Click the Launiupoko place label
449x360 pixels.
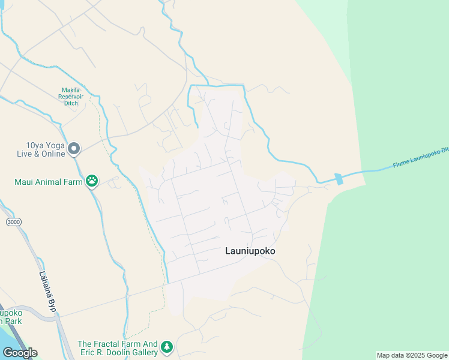[x=250, y=251]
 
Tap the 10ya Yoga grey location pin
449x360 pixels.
[x=74, y=148]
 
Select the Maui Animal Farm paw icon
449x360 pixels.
[x=92, y=180]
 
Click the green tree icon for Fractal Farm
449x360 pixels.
[x=166, y=346]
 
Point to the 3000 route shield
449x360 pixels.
[x=13, y=222]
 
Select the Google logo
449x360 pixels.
[x=20, y=352]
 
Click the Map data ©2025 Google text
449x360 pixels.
[x=411, y=355]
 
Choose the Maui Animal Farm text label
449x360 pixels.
[x=49, y=181]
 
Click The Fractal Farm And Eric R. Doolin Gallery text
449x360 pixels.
[x=118, y=348]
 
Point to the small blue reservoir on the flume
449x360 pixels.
[x=339, y=178]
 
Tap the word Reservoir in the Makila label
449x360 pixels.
[x=75, y=97]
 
